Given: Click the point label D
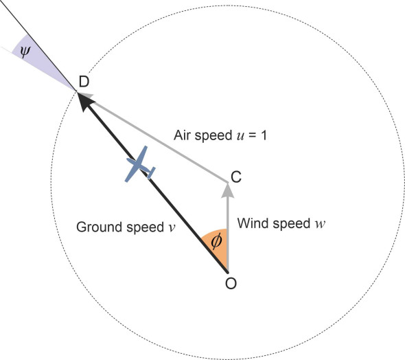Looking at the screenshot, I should [x=84, y=82].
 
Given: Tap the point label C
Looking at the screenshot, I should [x=235, y=177].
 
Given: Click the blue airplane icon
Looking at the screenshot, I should [x=139, y=165].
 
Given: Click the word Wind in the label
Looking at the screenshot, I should [x=250, y=223].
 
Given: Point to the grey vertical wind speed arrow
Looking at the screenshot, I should [x=227, y=227].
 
